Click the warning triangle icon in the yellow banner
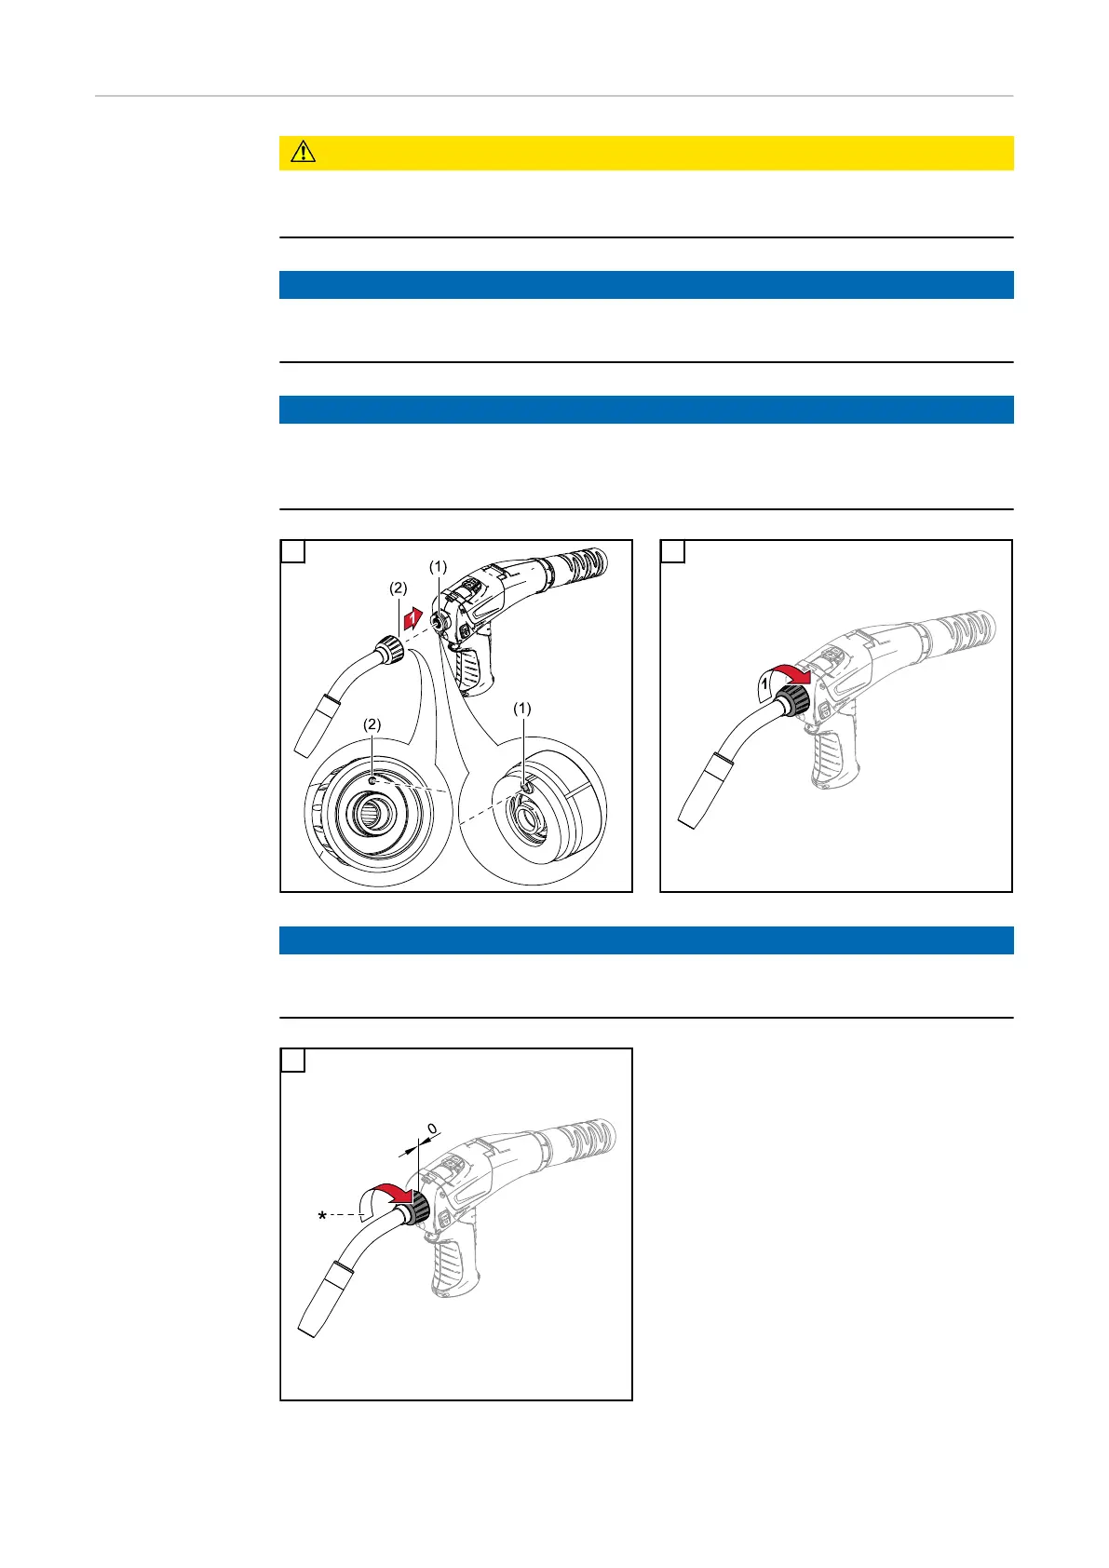tap(304, 152)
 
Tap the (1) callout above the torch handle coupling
tap(438, 566)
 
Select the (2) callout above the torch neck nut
tap(399, 588)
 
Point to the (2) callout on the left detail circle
tap(372, 724)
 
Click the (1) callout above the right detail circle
tap(522, 709)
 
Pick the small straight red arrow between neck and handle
tap(413, 618)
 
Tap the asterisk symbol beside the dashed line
tap(322, 1217)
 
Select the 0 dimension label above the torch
tap(432, 1129)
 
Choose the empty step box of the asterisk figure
tap(292, 1061)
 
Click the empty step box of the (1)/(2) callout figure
tap(292, 551)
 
